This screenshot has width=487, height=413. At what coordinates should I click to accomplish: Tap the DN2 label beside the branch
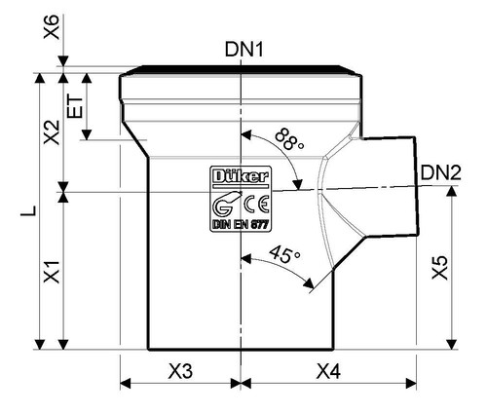click(441, 172)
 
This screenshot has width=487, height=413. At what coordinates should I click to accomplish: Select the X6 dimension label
click(52, 27)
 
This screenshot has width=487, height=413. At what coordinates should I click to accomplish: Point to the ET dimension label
click(75, 106)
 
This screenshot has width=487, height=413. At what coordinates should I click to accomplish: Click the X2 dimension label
click(52, 132)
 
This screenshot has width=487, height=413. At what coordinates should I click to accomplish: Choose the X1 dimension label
click(52, 272)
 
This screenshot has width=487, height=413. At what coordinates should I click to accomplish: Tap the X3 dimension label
click(180, 371)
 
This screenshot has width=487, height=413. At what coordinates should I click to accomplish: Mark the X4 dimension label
click(328, 371)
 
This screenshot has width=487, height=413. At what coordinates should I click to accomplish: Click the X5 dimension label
click(439, 268)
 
